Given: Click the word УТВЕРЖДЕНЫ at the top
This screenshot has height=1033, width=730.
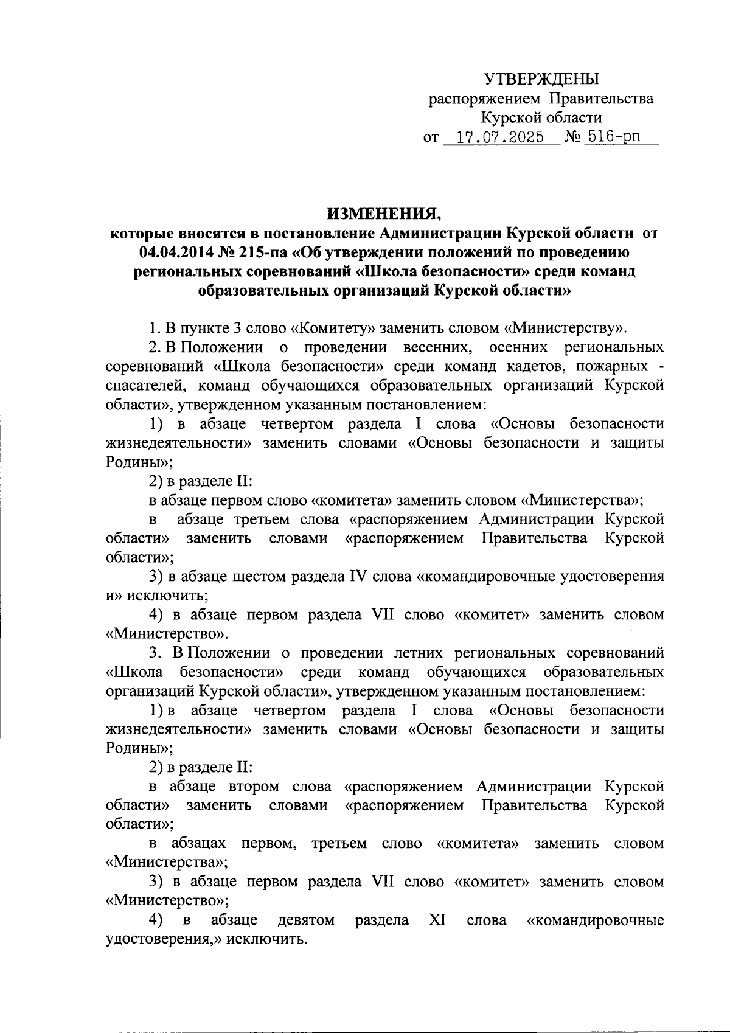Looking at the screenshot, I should click(541, 78).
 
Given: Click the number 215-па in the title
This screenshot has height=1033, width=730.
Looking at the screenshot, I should click(265, 252).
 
